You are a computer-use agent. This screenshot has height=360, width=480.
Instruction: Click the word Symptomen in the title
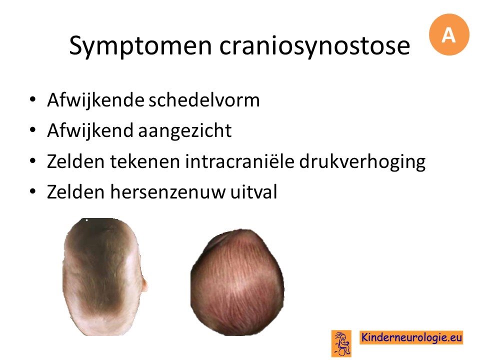140,46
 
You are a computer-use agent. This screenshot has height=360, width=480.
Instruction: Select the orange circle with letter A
449,34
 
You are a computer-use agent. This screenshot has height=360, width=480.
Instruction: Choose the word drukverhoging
362,162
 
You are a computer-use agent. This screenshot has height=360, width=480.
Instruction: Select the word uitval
254,191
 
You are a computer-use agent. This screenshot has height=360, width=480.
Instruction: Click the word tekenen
145,161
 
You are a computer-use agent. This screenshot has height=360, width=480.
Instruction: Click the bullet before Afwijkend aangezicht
33,130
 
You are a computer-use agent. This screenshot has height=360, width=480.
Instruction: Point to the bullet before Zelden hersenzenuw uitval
33,191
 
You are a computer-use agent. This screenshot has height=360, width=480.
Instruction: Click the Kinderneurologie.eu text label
411,337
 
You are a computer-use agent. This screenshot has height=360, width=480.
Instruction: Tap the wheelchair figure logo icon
341,343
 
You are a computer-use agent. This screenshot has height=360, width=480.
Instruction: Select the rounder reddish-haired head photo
237,282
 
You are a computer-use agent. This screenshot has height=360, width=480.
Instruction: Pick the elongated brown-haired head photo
103,276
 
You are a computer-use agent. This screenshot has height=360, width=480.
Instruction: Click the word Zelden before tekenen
75,161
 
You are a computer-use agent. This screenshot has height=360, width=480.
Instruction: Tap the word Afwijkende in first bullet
95,100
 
